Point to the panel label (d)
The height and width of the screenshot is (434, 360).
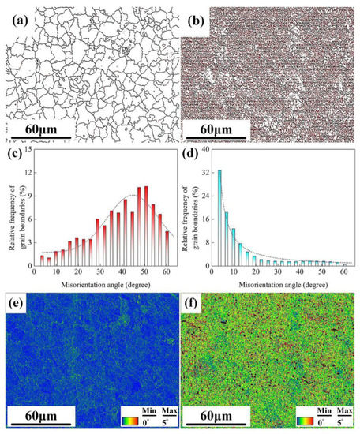tap(194, 155)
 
